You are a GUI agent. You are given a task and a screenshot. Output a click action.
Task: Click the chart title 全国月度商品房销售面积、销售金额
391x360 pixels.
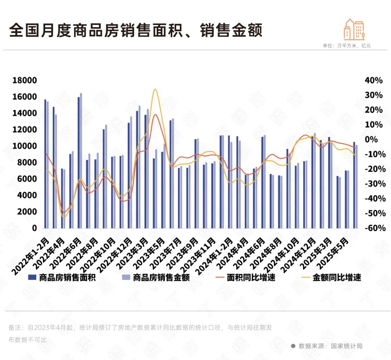[135, 31]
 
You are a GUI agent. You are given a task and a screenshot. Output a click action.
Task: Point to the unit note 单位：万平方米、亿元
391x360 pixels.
[346, 46]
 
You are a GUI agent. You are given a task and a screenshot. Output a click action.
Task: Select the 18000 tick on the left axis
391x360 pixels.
[25, 80]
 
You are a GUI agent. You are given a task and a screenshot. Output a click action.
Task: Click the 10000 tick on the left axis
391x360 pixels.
[25, 146]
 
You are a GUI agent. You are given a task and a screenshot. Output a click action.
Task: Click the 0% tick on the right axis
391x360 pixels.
[376, 140]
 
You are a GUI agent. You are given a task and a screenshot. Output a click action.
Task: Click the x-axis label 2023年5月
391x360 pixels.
[148, 251]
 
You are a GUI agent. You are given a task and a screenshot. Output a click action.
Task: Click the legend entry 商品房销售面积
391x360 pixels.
[67, 278]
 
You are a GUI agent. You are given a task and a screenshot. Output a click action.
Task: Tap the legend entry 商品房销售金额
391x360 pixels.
[161, 278]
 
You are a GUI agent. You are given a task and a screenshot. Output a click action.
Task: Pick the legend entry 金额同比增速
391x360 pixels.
[337, 278]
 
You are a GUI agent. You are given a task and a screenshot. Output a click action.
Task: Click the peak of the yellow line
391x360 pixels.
[155, 89]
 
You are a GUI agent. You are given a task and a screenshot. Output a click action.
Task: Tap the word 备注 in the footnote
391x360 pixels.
[14, 328]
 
